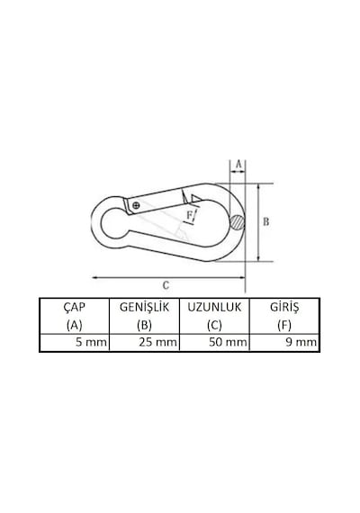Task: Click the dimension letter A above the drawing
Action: tap(238, 164)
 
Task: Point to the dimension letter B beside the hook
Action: tap(266, 221)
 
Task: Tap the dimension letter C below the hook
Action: tap(166, 285)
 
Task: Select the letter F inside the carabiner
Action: tap(190, 215)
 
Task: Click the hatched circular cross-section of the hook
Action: tap(237, 223)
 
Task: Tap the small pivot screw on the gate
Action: tap(137, 205)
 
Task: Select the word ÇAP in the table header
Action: tap(75, 307)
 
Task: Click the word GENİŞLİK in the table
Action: tap(144, 307)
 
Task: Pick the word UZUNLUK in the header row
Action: tap(214, 307)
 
